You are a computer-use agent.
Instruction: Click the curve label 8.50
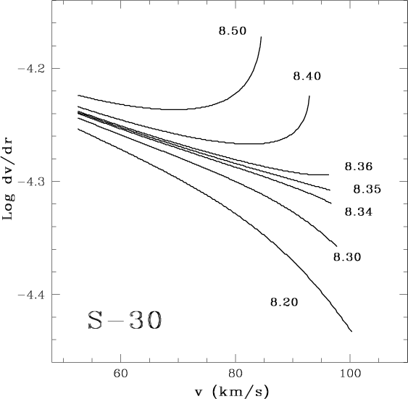pyautogui.click(x=232, y=31)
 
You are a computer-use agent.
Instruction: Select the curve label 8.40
pyautogui.click(x=307, y=76)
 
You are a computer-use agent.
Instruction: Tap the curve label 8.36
pyautogui.click(x=359, y=167)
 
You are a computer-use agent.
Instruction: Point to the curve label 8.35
pyautogui.click(x=367, y=189)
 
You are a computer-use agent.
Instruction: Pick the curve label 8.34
pyautogui.click(x=359, y=212)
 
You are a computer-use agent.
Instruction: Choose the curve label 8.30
pyautogui.click(x=347, y=257)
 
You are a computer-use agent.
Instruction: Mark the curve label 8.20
pyautogui.click(x=284, y=302)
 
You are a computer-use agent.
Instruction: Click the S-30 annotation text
pyautogui.click(x=125, y=320)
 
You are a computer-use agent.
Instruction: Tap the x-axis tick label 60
pyautogui.click(x=121, y=374)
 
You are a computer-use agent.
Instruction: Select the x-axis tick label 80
pyautogui.click(x=236, y=374)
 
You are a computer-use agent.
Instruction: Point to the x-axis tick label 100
pyautogui.click(x=350, y=374)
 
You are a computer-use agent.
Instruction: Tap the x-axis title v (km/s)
pyautogui.click(x=232, y=392)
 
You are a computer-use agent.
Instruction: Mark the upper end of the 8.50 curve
pyautogui.click(x=261, y=37)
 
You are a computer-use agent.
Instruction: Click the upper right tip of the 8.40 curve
pyautogui.click(x=309, y=96)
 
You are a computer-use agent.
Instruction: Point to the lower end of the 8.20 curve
pyautogui.click(x=351, y=332)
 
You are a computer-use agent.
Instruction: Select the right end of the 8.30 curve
pyautogui.click(x=337, y=246)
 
